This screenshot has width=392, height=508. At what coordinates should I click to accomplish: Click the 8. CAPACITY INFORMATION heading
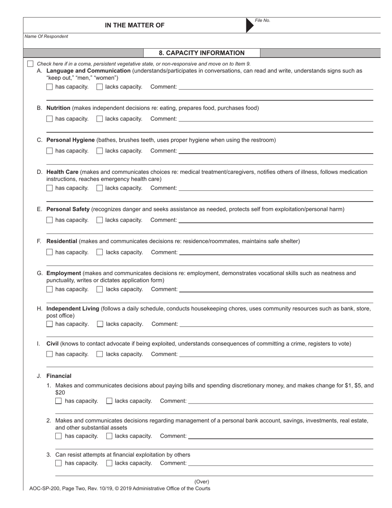tap(201, 53)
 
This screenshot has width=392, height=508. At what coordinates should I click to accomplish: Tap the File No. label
tap(262, 21)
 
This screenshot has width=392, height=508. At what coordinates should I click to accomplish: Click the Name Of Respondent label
tap(46, 36)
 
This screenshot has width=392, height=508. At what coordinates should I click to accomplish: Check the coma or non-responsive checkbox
tap(30, 64)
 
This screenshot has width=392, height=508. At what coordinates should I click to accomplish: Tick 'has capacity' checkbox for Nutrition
tap(50, 119)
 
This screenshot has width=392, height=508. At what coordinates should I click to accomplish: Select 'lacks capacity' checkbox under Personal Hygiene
tap(99, 151)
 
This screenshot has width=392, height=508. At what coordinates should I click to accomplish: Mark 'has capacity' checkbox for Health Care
tap(50, 188)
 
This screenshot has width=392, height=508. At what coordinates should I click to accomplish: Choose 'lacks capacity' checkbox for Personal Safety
tap(99, 220)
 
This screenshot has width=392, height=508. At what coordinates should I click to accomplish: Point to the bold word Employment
tap(64, 273)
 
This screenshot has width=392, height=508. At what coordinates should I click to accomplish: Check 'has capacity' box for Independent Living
tap(50, 324)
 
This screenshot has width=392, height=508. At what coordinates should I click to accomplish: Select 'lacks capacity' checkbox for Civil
tap(100, 354)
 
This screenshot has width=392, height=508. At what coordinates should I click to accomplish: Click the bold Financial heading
tap(59, 376)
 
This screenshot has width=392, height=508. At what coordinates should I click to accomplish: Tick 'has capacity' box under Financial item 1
tap(59, 401)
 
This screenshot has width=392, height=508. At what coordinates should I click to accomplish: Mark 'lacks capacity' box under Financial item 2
tap(109, 436)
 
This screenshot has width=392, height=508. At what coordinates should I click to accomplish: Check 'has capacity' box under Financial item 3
tap(59, 463)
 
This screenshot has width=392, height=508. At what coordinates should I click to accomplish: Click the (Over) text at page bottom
tap(202, 482)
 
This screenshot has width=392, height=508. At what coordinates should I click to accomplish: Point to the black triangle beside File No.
tap(250, 25)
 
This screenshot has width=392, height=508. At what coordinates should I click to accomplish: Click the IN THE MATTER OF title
tap(135, 25)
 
